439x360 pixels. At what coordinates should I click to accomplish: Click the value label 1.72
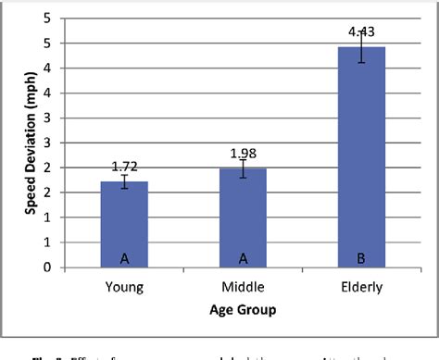124,166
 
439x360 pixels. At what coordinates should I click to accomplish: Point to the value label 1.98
243,152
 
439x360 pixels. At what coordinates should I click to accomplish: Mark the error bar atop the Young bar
124,181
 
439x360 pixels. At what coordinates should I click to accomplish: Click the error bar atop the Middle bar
243,168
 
